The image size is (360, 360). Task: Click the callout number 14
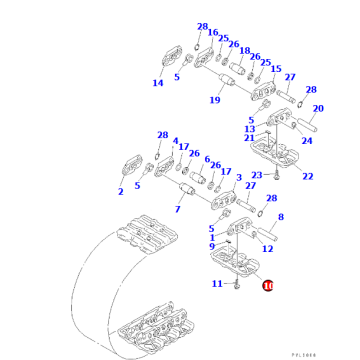(x=157, y=83)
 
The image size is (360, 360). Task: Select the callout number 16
(x=212, y=32)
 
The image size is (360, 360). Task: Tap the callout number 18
(x=245, y=50)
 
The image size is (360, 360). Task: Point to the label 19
(x=215, y=100)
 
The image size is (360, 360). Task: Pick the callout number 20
(x=318, y=109)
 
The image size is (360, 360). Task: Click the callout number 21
(x=248, y=137)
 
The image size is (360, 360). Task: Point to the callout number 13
(x=250, y=128)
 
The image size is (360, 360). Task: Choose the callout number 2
(x=121, y=192)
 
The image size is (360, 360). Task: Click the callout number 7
(x=176, y=210)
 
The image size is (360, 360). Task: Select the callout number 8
(x=280, y=217)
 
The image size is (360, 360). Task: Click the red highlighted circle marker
(x=267, y=286)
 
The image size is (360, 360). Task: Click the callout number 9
(x=212, y=246)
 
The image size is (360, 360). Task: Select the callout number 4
(x=175, y=142)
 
